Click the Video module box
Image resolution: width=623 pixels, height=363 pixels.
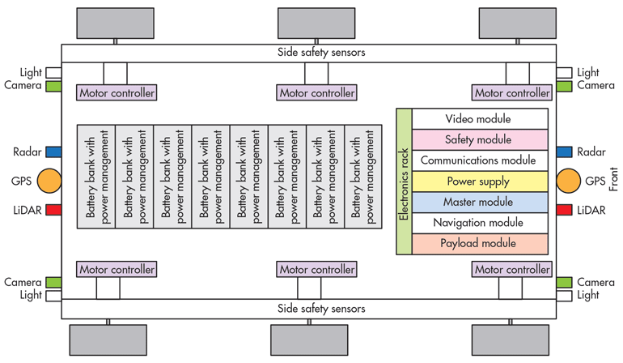tap(480, 119)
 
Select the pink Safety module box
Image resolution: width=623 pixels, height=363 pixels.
tap(480, 140)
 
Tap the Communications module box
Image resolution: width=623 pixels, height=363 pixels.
tap(480, 160)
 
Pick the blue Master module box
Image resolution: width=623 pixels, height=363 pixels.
tap(480, 202)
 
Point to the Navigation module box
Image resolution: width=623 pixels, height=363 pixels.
tap(480, 223)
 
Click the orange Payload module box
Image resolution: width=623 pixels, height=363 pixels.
tap(480, 243)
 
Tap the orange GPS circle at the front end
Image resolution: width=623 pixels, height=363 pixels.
tap(569, 181)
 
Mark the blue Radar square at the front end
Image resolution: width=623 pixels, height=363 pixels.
tap(564, 152)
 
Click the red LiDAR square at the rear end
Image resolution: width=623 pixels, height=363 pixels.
tap(53, 210)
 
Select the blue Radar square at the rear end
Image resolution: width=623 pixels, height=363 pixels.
tap(53, 152)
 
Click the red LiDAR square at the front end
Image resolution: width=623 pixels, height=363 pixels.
tap(564, 210)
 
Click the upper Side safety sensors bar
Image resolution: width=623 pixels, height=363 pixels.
tap(309, 53)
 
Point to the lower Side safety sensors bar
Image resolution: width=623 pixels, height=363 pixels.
tap(309, 309)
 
